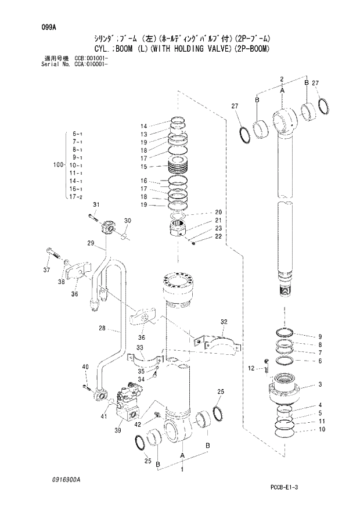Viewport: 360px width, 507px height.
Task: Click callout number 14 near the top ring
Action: [x=144, y=125]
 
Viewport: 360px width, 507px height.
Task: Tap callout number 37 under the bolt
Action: [x=46, y=270]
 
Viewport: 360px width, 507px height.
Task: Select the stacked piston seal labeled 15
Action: [x=181, y=167]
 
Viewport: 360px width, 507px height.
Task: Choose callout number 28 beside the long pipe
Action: [x=102, y=329]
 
